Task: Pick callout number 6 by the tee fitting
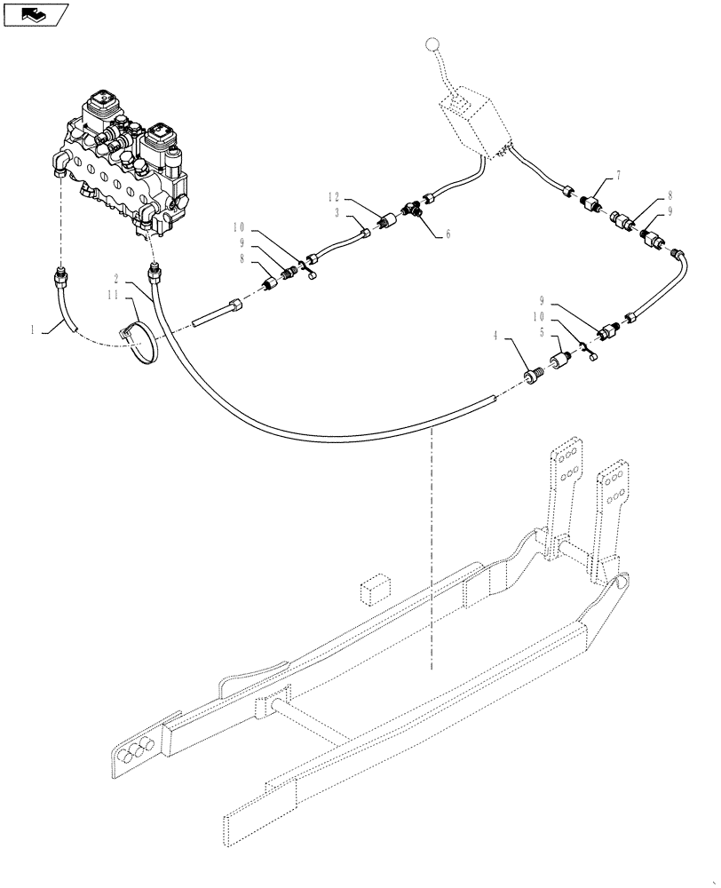[x=447, y=235]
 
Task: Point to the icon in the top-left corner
[x=36, y=14]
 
